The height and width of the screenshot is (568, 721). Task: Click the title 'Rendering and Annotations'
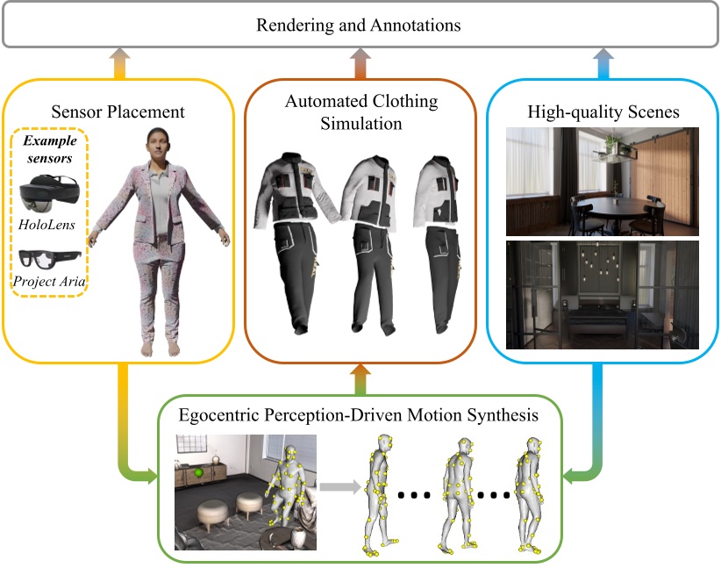point(359,25)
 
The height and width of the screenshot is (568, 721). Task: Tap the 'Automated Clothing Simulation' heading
point(361,112)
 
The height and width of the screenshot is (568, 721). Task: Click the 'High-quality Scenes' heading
point(603,111)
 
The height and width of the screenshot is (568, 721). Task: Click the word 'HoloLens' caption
point(46,226)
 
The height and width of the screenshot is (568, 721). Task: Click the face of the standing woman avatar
point(157,143)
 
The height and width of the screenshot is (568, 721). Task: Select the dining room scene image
point(603,182)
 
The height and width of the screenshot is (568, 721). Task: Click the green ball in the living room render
point(200,474)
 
